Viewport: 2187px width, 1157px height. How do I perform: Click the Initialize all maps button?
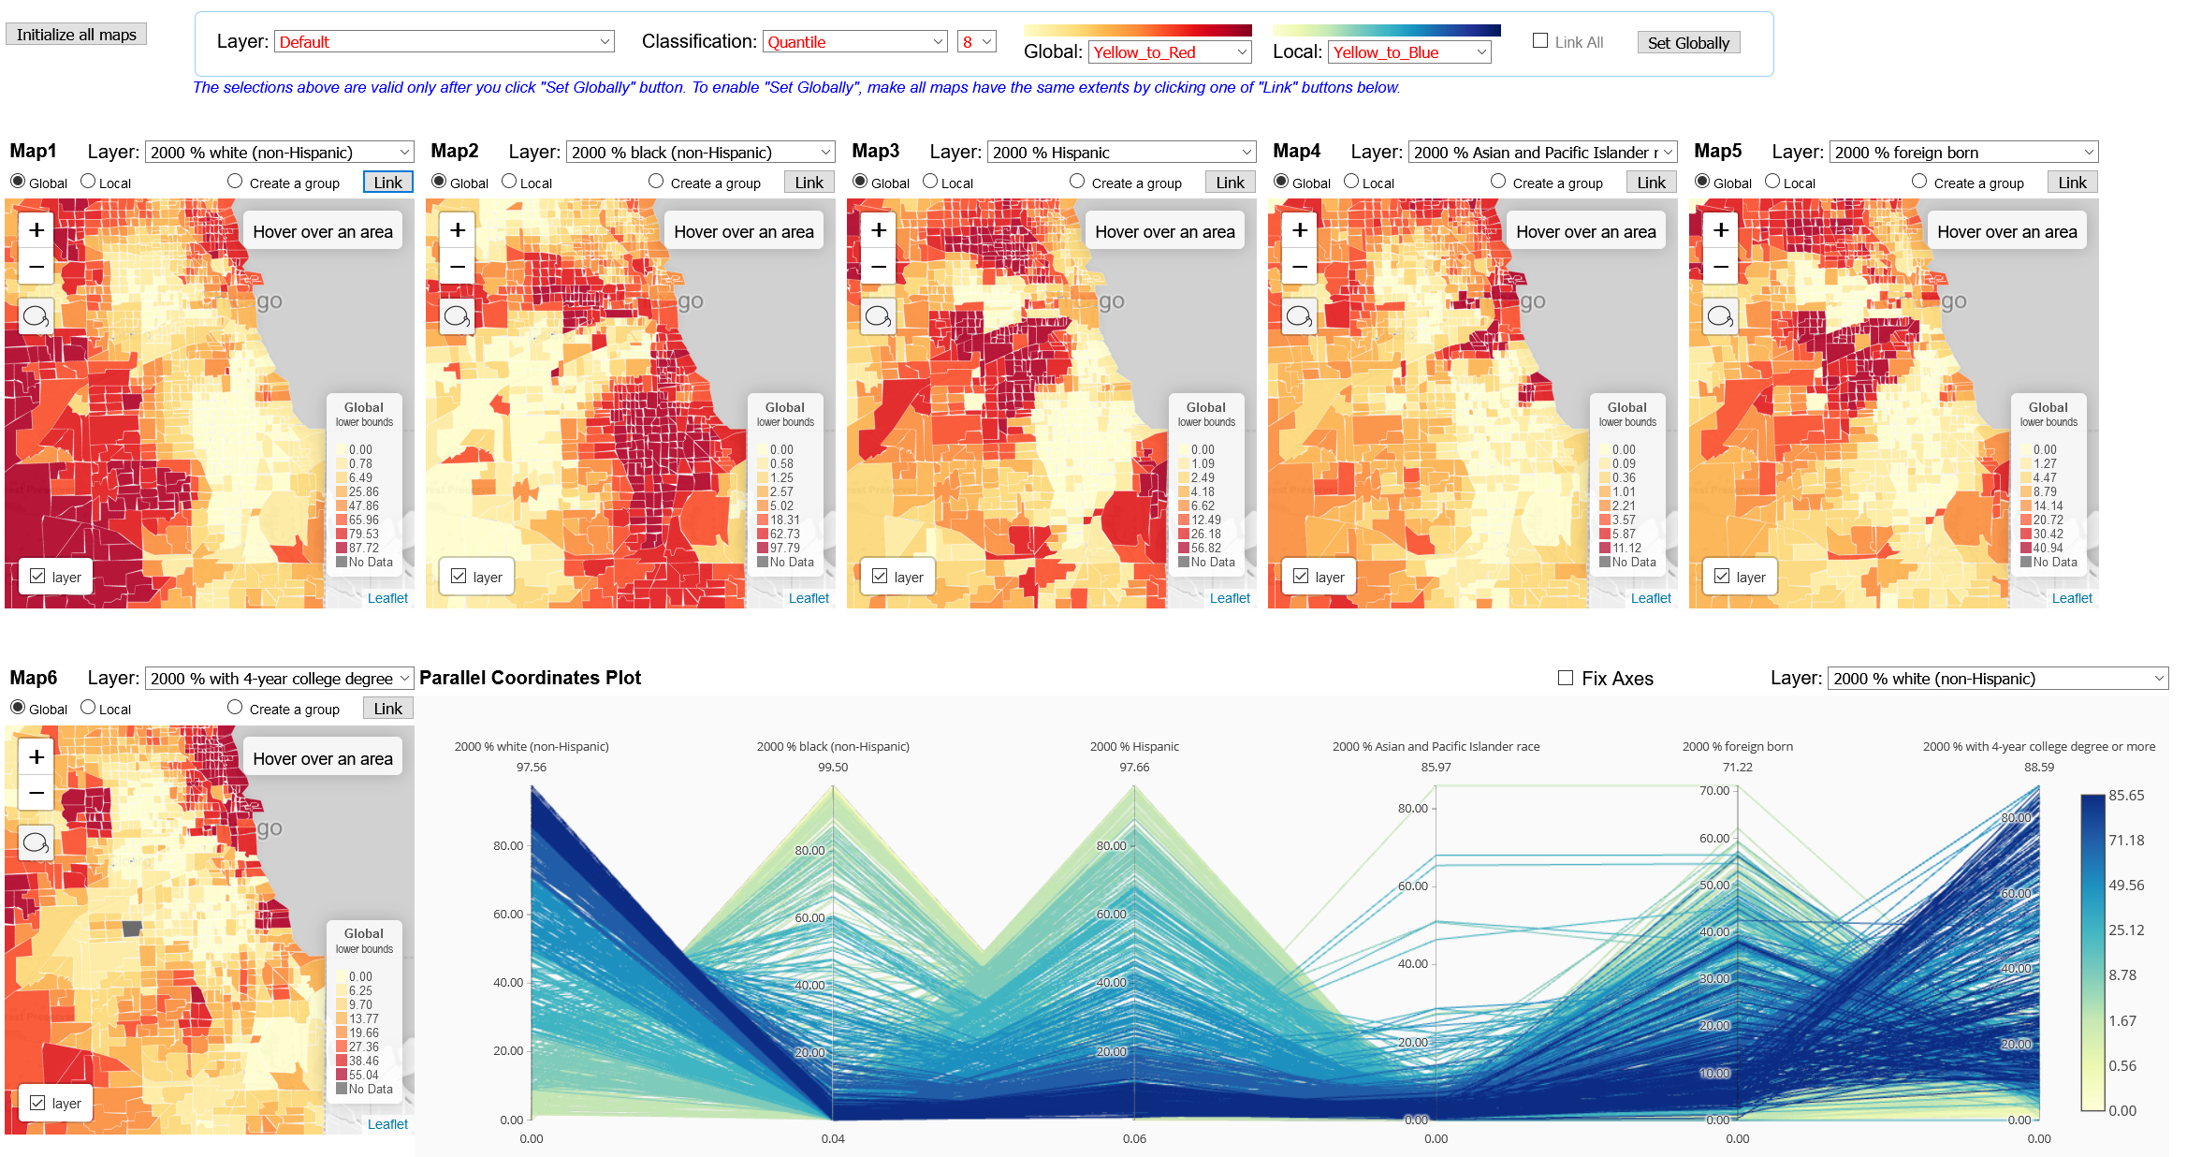point(76,35)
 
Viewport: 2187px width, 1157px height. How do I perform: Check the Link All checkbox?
point(1540,41)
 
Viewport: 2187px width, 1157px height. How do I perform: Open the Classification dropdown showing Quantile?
point(855,42)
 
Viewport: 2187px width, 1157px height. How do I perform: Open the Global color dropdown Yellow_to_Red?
point(1170,52)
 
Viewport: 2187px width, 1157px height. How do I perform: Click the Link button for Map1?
point(387,183)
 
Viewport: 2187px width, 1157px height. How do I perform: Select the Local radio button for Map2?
point(510,182)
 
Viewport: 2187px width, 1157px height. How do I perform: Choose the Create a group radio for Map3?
point(1077,182)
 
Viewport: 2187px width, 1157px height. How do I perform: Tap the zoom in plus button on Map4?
point(1300,230)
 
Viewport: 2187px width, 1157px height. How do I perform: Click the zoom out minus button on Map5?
point(1721,267)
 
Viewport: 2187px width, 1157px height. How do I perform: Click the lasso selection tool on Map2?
point(458,316)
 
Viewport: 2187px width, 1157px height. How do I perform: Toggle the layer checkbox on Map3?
point(881,577)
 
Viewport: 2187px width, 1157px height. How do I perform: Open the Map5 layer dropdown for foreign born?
point(1962,153)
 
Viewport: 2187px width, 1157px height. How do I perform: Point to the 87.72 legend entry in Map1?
point(363,549)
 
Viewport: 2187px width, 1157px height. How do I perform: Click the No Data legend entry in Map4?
point(1633,563)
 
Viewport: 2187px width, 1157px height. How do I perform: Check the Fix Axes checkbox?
point(1566,678)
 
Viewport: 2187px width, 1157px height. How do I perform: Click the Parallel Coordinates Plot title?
point(530,678)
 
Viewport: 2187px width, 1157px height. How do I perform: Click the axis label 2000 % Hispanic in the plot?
point(1134,747)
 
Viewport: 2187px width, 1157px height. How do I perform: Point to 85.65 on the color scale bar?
point(2125,796)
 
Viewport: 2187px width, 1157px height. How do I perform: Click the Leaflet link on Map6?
point(387,1124)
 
